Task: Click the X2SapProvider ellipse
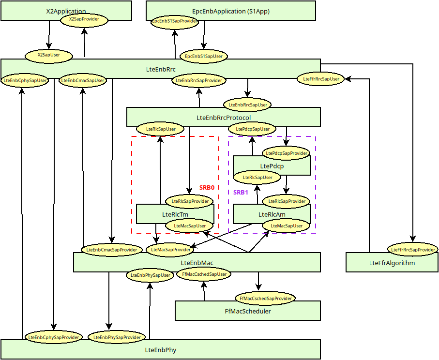pyautogui.click(x=84, y=20)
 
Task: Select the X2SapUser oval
pyautogui.click(x=48, y=56)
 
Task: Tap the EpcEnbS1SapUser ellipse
pyautogui.click(x=204, y=56)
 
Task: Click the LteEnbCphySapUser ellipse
pyautogui.click(x=25, y=80)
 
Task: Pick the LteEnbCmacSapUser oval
pyautogui.click(x=83, y=80)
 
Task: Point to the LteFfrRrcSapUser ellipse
pyautogui.click(x=320, y=79)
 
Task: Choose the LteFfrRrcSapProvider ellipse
pyautogui.click(x=412, y=250)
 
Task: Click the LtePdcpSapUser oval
pyautogui.click(x=252, y=129)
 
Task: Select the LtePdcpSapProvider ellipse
pyautogui.click(x=287, y=153)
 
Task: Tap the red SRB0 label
pyautogui.click(x=207, y=188)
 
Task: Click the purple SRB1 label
pyautogui.click(x=241, y=192)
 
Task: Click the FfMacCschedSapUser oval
pyautogui.click(x=204, y=274)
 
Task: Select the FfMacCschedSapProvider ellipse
pyautogui.click(x=265, y=299)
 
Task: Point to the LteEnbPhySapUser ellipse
pyautogui.click(x=151, y=275)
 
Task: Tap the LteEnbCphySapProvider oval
pyautogui.click(x=54, y=337)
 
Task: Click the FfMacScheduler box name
pyautogui.click(x=248, y=311)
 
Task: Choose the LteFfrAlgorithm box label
pyautogui.click(x=392, y=263)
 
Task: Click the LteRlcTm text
pyautogui.click(x=175, y=214)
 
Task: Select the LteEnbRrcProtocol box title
pyautogui.click(x=224, y=118)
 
